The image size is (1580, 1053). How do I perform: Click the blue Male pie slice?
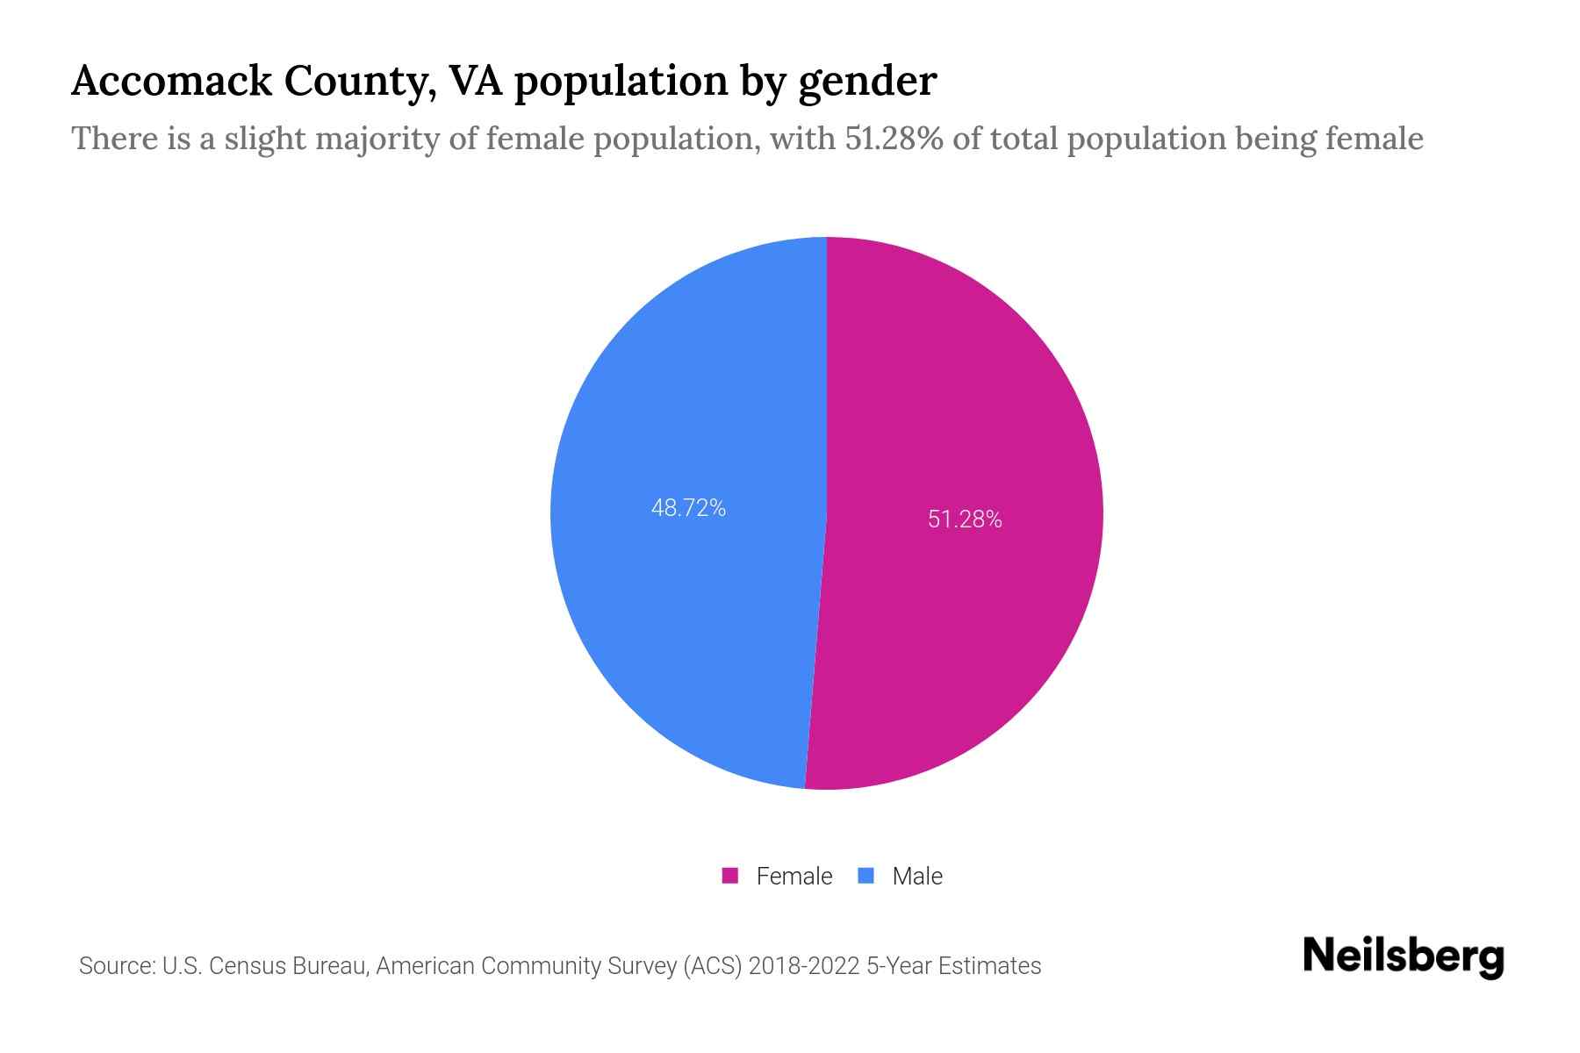pos(685,597)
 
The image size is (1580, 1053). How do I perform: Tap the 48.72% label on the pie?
pos(688,508)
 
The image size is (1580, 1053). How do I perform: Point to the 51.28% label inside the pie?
pos(965,519)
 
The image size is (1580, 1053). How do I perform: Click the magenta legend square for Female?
pos(729,876)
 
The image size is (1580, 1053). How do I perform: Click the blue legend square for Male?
pos(866,876)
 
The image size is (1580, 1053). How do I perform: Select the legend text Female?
pos(794,876)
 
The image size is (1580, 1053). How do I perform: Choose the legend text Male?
pos(916,876)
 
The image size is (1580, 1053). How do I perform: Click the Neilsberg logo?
pos(1403,956)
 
